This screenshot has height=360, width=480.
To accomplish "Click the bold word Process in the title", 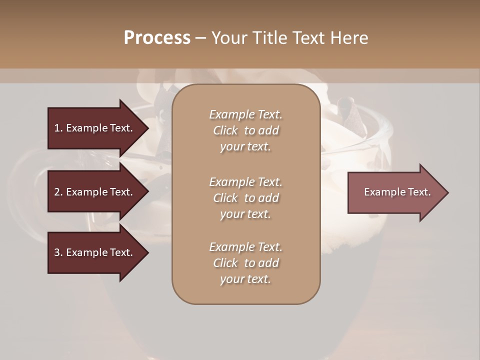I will (x=157, y=38).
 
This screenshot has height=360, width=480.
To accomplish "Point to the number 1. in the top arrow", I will (x=58, y=128).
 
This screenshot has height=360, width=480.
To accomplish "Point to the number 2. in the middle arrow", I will (x=58, y=192).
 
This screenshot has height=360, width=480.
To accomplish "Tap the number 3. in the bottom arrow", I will (x=58, y=252).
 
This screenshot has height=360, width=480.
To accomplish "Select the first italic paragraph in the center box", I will (x=245, y=130).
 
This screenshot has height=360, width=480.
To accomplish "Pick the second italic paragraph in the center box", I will (x=245, y=197).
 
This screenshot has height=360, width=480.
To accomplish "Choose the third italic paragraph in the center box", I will (x=245, y=263).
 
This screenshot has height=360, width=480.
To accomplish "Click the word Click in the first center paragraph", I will (x=225, y=130).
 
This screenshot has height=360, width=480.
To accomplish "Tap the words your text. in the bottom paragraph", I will (x=245, y=279).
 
